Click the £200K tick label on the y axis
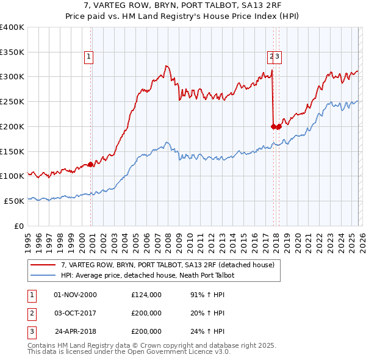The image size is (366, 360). click(x=12, y=126)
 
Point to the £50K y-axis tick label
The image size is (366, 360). click(x=14, y=201)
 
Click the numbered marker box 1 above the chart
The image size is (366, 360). click(x=88, y=57)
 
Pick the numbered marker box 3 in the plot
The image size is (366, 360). click(x=277, y=57)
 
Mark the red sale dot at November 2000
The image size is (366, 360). click(x=90, y=164)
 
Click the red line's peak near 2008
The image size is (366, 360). click(x=166, y=66)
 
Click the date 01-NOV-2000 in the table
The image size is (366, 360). click(x=76, y=295)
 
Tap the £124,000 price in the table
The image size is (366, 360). click(x=146, y=295)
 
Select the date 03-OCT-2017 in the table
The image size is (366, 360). click(x=76, y=313)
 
